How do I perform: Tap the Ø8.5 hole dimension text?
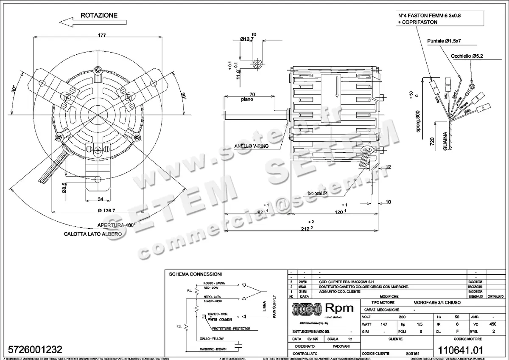(x=64, y=188)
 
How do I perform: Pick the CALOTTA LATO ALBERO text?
(x=93, y=234)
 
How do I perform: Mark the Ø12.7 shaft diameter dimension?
(x=246, y=39)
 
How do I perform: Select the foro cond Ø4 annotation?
(x=314, y=194)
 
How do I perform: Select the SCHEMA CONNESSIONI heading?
(x=195, y=274)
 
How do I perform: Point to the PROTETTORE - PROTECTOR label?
(x=231, y=329)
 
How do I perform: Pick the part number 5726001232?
(x=33, y=349)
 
